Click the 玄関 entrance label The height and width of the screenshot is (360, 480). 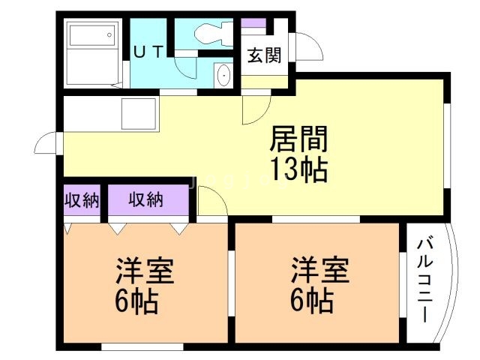pos(262,55)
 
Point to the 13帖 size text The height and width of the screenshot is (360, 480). pos(298,170)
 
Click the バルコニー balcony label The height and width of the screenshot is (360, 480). pos(425,280)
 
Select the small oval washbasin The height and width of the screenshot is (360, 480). pos(223,76)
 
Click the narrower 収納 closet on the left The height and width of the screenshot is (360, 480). pos(81,200)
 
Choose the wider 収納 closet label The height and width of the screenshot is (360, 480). pos(146,200)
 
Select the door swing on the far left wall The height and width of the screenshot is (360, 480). pos(45,142)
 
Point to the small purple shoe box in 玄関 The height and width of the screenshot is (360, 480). pos(255,22)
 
